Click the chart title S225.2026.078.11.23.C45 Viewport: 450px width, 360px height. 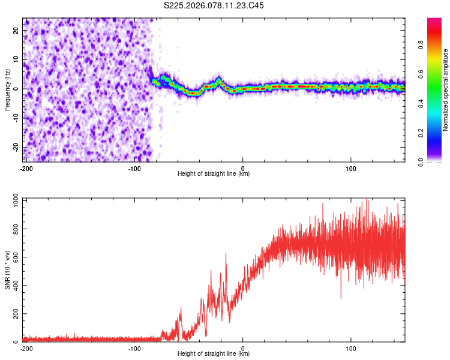pyautogui.click(x=214, y=5)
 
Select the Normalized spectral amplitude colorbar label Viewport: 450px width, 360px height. pyautogui.click(x=446, y=90)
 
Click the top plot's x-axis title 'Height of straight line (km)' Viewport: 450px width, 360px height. pyautogui.click(x=214, y=174)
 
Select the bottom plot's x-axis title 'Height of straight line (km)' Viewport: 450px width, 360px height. pyautogui.click(x=214, y=354)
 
